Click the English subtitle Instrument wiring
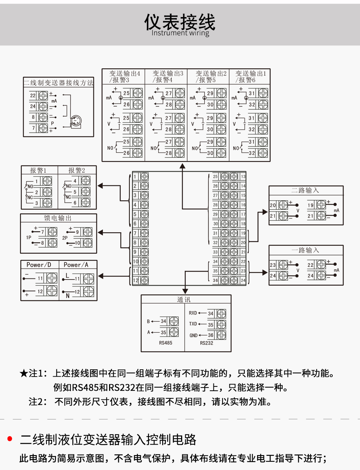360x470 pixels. click(x=180, y=33)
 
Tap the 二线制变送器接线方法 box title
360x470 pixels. click(x=59, y=83)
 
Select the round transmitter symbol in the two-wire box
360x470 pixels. click(x=76, y=121)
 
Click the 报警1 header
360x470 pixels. click(x=38, y=170)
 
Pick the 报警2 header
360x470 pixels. click(x=77, y=170)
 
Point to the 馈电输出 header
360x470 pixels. click(x=58, y=218)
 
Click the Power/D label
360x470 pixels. click(x=39, y=265)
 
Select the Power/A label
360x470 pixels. click(x=76, y=265)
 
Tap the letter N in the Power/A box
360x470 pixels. click(x=68, y=296)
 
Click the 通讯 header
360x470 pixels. click(x=184, y=300)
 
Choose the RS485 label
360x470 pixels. click(x=165, y=343)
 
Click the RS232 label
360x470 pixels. click(x=207, y=343)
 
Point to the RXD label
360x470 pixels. click(x=193, y=313)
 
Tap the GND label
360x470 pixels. click(x=193, y=336)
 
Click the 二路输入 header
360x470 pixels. click(x=305, y=190)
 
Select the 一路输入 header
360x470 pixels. click(x=305, y=250)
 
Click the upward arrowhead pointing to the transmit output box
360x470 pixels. click(x=183, y=166)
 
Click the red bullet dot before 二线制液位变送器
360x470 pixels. click(x=10, y=439)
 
